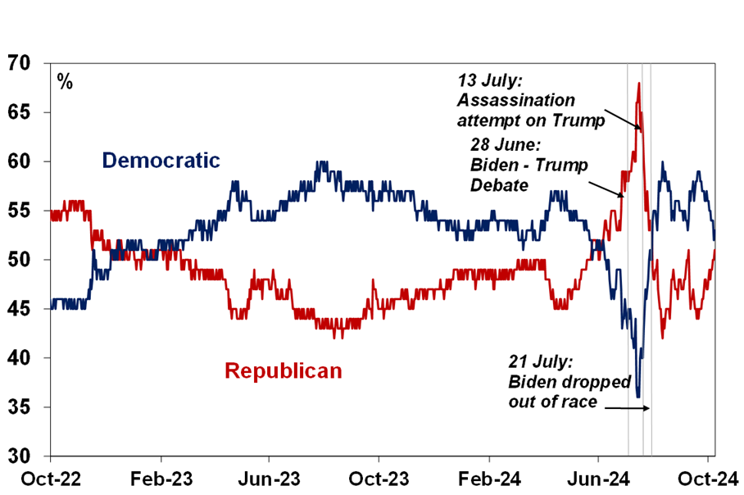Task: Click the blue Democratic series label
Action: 161,160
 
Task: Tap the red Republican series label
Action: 283,371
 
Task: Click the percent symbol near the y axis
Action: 65,81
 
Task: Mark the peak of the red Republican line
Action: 638,83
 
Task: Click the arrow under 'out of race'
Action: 629,407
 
